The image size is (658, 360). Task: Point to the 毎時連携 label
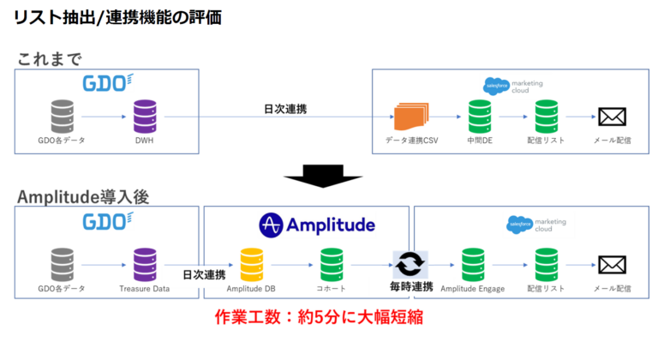tap(408, 286)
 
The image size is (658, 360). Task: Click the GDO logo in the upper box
tap(107, 83)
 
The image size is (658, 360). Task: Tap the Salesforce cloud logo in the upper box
tap(497, 84)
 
